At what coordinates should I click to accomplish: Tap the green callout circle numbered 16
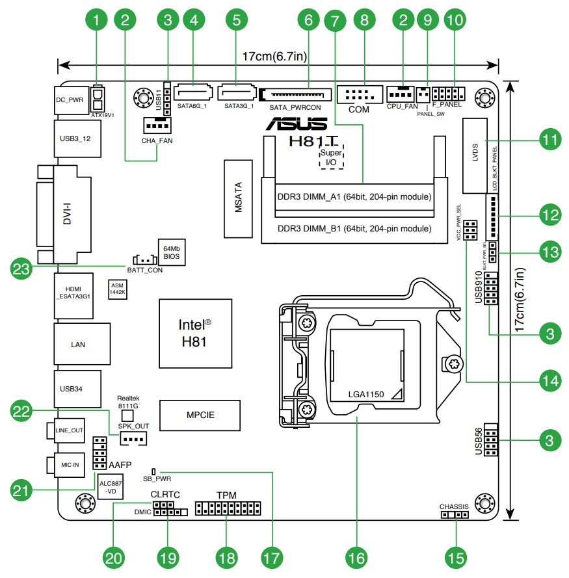pyautogui.click(x=356, y=557)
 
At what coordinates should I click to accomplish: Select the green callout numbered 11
pyautogui.click(x=550, y=140)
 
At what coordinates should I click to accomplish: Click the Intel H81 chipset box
pyautogui.click(x=195, y=332)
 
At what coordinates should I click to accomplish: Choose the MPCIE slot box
pyautogui.click(x=200, y=415)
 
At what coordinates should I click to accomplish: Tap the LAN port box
pyautogui.click(x=78, y=344)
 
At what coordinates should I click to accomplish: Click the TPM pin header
pyautogui.click(x=228, y=508)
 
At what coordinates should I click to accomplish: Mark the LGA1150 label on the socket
pyautogui.click(x=366, y=394)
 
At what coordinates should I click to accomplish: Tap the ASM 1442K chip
pyautogui.click(x=118, y=289)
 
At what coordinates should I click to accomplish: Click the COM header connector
pyautogui.click(x=358, y=95)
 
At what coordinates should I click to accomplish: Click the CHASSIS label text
pyautogui.click(x=454, y=506)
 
